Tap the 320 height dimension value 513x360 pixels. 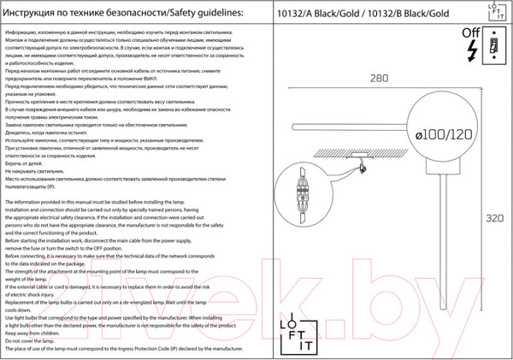494,219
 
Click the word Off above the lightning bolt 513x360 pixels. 471,32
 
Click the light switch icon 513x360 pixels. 495,44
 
